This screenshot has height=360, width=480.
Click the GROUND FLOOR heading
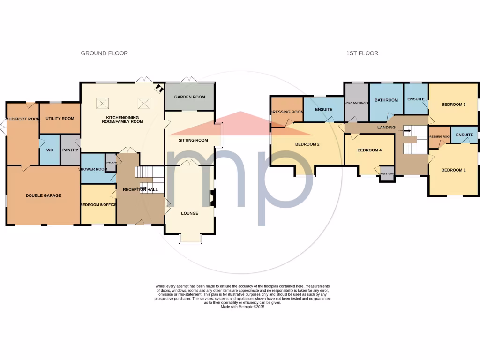click(x=104, y=53)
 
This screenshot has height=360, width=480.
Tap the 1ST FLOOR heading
click(x=362, y=53)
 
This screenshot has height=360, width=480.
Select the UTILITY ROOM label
click(x=60, y=119)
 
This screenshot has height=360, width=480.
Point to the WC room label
click(x=49, y=150)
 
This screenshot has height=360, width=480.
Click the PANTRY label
click(x=70, y=150)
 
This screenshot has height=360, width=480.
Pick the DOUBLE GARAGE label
click(x=43, y=195)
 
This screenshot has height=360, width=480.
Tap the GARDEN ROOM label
click(x=189, y=97)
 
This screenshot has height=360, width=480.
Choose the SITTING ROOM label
click(x=193, y=140)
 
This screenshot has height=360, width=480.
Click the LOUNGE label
click(x=189, y=213)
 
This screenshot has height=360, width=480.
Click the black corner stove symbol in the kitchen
click(x=159, y=88)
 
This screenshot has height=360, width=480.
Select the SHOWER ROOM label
click(x=93, y=169)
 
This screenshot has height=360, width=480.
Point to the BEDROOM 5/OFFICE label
click(x=98, y=205)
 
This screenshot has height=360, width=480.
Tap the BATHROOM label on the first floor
click(x=386, y=100)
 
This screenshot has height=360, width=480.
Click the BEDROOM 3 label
click(x=453, y=105)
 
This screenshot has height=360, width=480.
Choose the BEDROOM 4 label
click(x=369, y=150)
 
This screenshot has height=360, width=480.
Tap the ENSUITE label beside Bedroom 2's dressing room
click(x=323, y=110)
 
